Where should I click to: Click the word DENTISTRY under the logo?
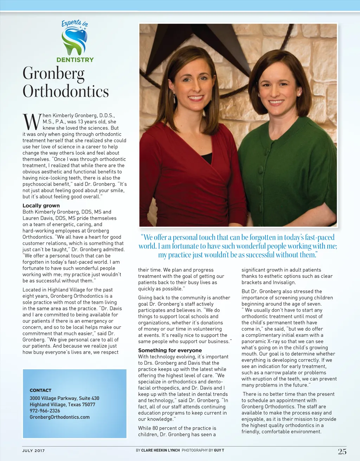(75, 60)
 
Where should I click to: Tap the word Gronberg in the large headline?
(53, 74)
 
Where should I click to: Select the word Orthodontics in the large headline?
(66, 91)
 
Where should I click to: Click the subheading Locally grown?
(41, 206)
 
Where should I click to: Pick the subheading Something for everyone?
(170, 350)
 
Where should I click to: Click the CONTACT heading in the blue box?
(40, 390)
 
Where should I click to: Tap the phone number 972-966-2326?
(45, 411)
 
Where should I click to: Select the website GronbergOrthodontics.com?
(59, 417)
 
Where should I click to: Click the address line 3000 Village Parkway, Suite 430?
(64, 398)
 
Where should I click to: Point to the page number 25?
(342, 452)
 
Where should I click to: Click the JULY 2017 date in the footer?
(33, 450)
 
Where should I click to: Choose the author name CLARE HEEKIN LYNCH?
(160, 450)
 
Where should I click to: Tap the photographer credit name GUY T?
(219, 450)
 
